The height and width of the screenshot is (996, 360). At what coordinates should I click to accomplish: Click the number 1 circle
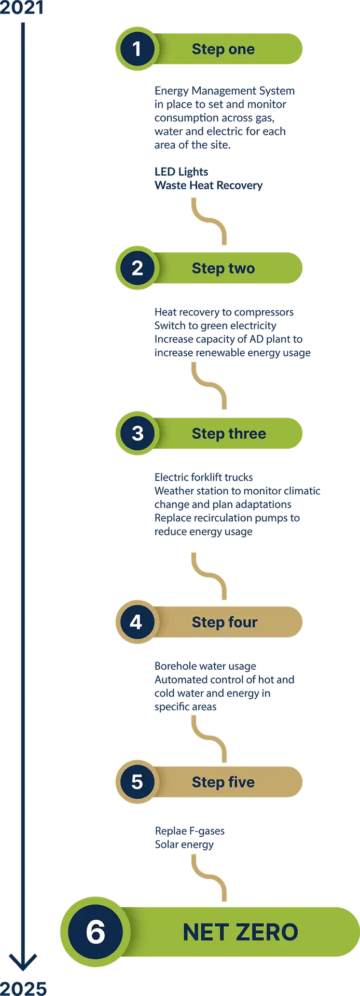[136, 49]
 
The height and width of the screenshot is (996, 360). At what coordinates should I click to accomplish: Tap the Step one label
[223, 49]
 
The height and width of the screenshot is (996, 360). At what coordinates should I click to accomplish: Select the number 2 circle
[137, 268]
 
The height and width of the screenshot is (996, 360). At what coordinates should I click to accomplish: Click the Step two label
[223, 268]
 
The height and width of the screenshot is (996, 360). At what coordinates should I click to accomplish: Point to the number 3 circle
[137, 433]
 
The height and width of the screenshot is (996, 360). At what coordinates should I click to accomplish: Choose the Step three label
[229, 433]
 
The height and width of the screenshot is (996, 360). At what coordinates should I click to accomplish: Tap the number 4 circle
[136, 622]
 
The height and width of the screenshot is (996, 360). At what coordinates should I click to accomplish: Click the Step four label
[224, 622]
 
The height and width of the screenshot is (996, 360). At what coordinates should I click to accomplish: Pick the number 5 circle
[137, 782]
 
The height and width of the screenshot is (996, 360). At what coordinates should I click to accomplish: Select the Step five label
[223, 782]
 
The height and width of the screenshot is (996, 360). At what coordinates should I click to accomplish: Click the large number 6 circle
[95, 932]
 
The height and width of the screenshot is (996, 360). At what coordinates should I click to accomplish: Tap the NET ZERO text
[240, 932]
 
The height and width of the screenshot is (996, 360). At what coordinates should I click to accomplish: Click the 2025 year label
[24, 988]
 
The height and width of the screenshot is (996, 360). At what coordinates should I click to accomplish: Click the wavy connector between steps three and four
[208, 576]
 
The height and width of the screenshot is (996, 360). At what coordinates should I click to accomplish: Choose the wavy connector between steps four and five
[208, 737]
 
